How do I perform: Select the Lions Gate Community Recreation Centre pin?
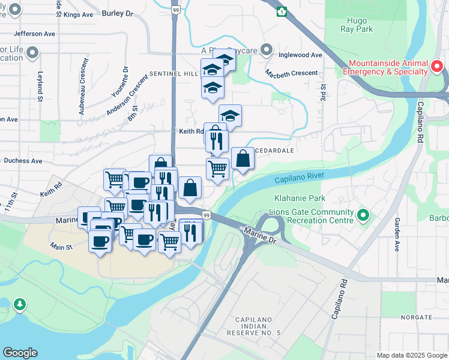click(x=363, y=215)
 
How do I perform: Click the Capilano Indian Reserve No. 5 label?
click(x=254, y=326)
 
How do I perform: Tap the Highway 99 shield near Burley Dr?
click(x=175, y=10)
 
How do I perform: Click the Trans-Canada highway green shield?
click(x=282, y=11)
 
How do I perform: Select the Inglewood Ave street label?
click(x=301, y=55)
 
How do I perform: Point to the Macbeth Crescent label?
click(x=292, y=73)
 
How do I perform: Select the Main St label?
click(x=61, y=246)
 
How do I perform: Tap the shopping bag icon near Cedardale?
click(x=243, y=159)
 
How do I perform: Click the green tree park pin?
click(x=20, y=305)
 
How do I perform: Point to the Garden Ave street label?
click(x=397, y=234)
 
